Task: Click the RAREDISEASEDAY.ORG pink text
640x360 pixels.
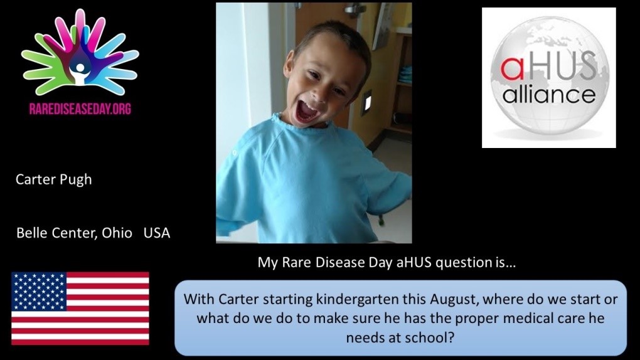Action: (x=80, y=109)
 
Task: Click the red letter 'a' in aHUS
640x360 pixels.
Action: (x=512, y=68)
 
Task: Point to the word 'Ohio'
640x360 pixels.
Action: (x=117, y=233)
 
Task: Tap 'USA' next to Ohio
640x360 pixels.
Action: (x=157, y=233)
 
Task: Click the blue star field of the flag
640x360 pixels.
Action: (x=39, y=291)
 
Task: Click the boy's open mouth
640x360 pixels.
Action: (x=307, y=111)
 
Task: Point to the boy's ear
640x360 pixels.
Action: (x=289, y=64)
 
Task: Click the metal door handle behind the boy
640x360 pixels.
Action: (x=355, y=9)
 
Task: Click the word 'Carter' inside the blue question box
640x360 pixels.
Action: (x=239, y=299)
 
